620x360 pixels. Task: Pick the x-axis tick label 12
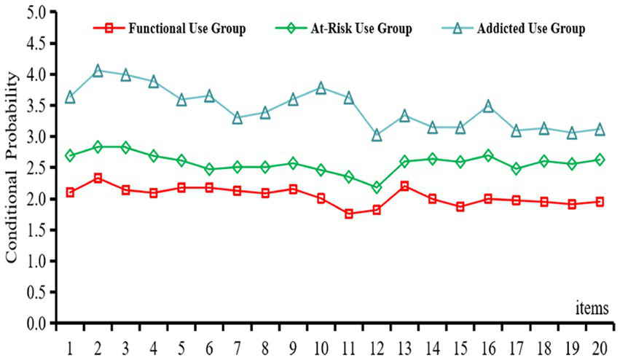(x=377, y=342)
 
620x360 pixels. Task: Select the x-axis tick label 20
(x=600, y=342)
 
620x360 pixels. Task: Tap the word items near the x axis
(x=591, y=308)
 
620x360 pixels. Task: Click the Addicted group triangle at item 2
(x=98, y=71)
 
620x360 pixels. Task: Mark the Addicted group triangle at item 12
(x=377, y=135)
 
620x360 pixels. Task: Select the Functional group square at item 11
(x=349, y=214)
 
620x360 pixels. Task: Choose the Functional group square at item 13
(x=404, y=186)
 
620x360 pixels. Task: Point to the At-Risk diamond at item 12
(x=377, y=187)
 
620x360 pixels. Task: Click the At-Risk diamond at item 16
(x=488, y=155)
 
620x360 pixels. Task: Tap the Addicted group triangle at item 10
(x=321, y=87)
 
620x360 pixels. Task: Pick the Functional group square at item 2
(x=98, y=178)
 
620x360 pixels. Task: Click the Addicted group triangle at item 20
(x=600, y=129)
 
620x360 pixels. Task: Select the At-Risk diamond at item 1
(x=70, y=156)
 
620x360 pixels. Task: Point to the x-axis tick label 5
(x=181, y=342)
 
